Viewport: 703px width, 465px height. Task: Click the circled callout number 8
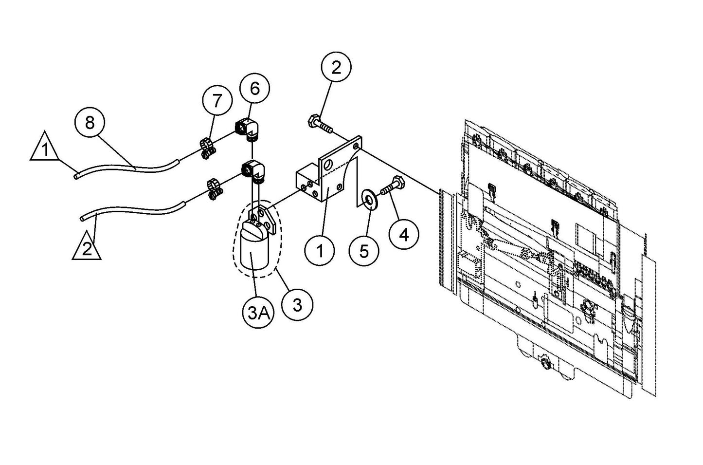90,122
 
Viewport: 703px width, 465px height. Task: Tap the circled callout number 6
255,89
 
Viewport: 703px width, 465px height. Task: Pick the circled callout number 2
336,68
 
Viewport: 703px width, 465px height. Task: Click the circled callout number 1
320,252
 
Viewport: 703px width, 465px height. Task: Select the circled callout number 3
298,305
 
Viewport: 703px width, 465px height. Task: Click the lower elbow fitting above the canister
252,170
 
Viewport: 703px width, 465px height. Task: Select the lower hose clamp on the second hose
213,189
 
